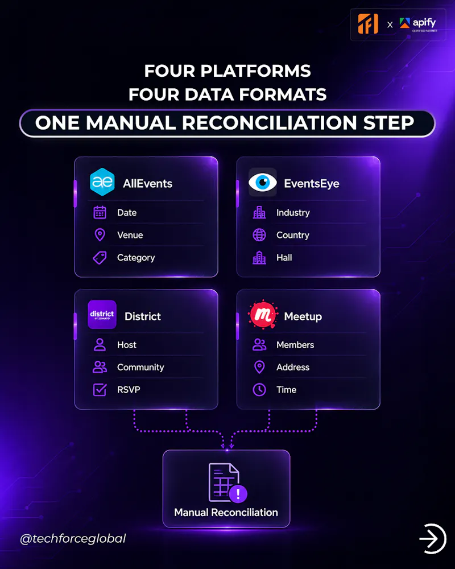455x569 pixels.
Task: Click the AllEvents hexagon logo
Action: point(102,182)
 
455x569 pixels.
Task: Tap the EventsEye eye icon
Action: point(263,182)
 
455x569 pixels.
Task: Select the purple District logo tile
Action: point(102,315)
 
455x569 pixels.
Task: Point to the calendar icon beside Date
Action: point(100,212)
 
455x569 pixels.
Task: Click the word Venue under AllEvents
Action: point(130,235)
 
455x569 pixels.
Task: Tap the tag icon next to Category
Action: point(100,258)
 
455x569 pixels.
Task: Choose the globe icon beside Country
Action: point(259,235)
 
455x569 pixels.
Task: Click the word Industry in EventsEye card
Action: point(293,213)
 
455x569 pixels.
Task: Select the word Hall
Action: point(284,258)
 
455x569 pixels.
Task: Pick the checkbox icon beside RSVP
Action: point(100,390)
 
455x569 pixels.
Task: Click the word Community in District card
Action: point(140,367)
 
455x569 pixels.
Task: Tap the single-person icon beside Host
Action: point(100,345)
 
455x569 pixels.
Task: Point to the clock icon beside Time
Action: point(259,390)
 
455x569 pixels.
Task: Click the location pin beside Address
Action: point(259,367)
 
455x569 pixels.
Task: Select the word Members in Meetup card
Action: point(295,345)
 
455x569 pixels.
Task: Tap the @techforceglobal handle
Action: point(73,538)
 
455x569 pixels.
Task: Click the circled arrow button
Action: point(432,538)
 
